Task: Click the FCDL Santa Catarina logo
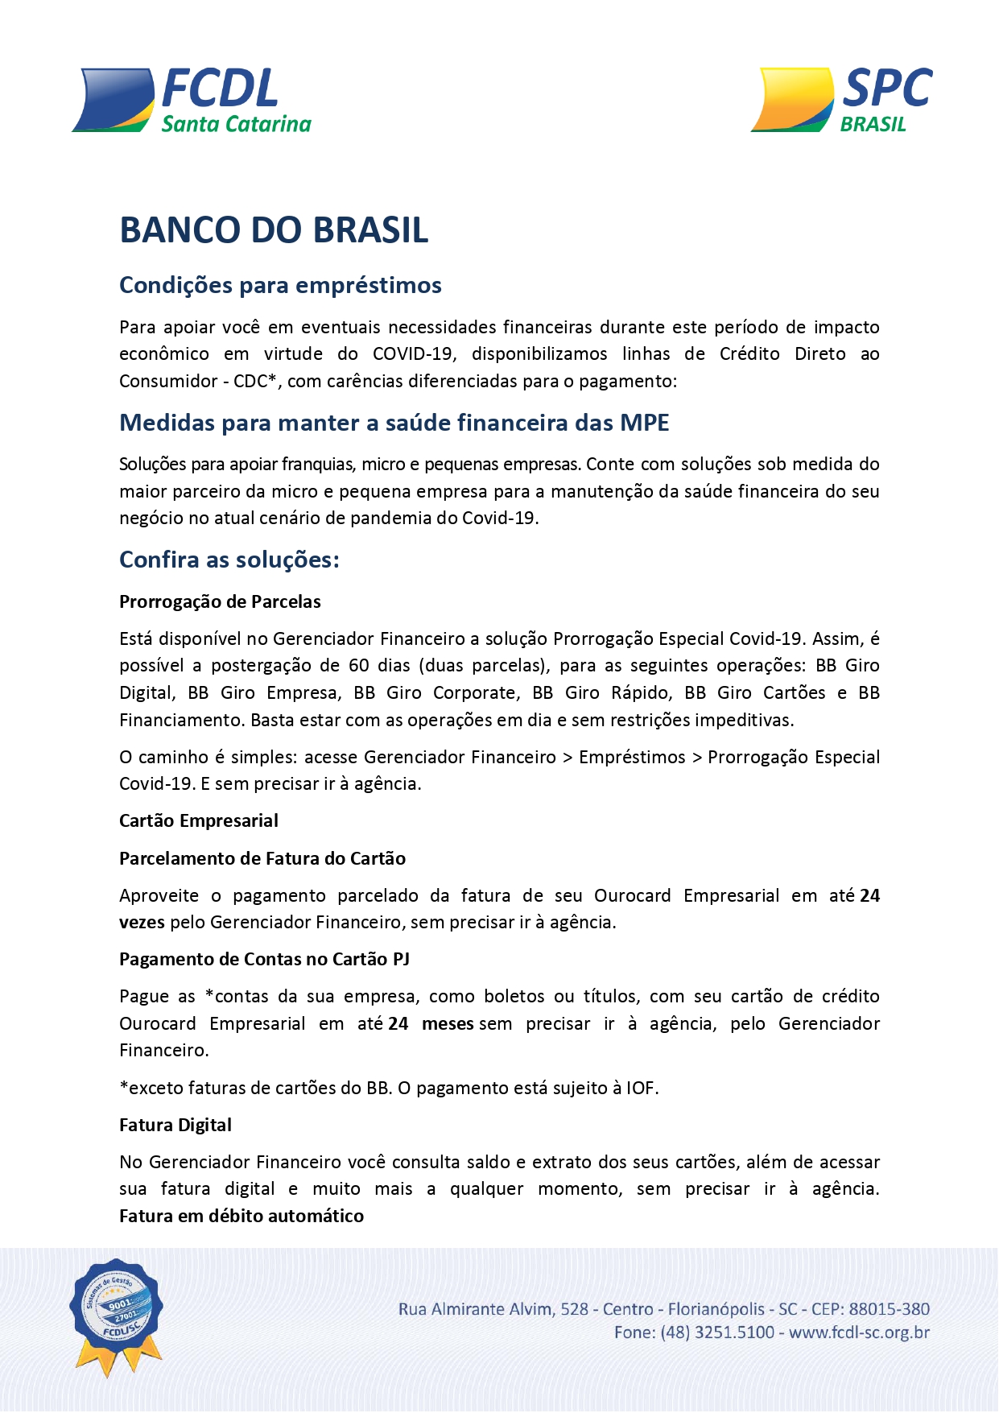click(x=192, y=101)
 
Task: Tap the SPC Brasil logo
click(x=842, y=100)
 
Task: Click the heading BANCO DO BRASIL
click(x=274, y=230)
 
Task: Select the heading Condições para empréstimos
click(x=280, y=285)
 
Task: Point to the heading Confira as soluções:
click(x=229, y=560)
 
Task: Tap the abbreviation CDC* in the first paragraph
click(x=255, y=381)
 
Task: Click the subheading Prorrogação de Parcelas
click(x=220, y=602)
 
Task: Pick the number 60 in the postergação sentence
click(x=359, y=666)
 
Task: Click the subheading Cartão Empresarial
click(x=199, y=821)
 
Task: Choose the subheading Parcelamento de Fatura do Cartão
click(x=262, y=858)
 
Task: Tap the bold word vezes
click(x=142, y=923)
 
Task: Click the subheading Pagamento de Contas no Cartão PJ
click(x=264, y=960)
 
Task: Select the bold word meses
click(x=448, y=1024)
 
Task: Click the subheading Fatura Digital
click(x=175, y=1126)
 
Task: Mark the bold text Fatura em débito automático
click(x=241, y=1217)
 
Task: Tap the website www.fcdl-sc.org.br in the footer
click(x=859, y=1333)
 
